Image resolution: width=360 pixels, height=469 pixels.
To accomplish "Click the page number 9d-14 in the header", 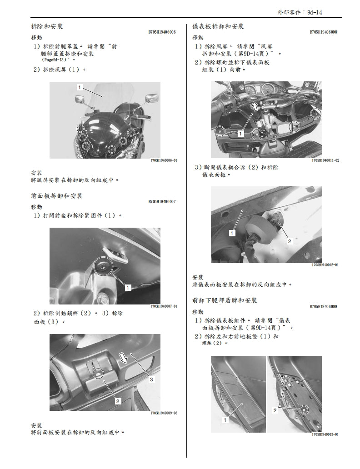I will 313,13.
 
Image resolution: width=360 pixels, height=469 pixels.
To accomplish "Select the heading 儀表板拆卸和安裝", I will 218,26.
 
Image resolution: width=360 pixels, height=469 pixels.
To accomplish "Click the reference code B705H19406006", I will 162,32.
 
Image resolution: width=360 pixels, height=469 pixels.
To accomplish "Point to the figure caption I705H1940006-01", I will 163,160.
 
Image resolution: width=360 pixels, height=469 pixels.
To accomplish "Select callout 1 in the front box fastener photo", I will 128,287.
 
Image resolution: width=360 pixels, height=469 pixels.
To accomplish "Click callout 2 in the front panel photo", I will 117,401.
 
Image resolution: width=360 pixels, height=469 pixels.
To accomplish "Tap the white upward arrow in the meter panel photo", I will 255,107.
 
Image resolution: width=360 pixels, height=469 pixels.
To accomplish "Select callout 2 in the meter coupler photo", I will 289,241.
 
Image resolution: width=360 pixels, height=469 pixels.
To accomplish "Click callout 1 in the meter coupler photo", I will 232,233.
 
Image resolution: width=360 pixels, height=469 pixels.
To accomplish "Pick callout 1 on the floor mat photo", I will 225,420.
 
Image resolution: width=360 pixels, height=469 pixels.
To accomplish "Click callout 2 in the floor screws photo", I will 275,410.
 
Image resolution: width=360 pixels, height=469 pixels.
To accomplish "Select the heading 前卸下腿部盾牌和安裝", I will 225,300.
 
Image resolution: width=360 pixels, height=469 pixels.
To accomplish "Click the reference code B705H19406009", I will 323,306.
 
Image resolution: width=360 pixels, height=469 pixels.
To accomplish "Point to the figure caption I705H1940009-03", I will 163,413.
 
